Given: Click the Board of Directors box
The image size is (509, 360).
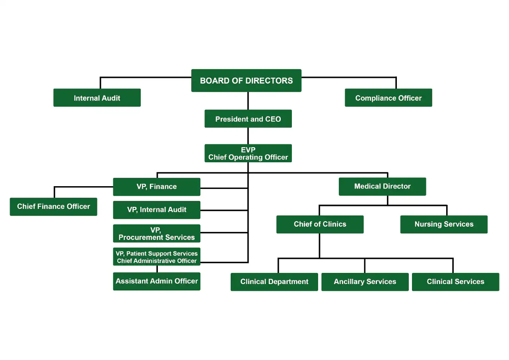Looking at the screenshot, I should (x=246, y=81).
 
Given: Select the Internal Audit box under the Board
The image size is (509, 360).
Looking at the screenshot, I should (x=97, y=98).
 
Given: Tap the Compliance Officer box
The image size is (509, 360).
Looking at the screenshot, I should (x=388, y=98).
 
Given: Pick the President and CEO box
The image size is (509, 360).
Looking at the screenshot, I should (x=248, y=119).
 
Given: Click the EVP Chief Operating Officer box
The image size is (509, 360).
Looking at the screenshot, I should (x=248, y=154).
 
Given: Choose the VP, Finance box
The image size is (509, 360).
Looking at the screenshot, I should (x=157, y=187).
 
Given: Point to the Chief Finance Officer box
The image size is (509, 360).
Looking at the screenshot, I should (x=53, y=206).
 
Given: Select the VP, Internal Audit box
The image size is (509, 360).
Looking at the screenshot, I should (x=157, y=210).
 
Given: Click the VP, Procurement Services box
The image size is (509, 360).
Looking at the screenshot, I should (x=157, y=234).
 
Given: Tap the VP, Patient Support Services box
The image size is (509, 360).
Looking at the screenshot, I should (x=157, y=257).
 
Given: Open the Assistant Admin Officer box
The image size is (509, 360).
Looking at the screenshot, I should (x=157, y=281).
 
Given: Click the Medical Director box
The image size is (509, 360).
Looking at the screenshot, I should (x=382, y=186).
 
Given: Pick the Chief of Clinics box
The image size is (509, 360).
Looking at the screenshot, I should (x=320, y=224).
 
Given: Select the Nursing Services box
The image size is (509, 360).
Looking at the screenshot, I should (x=444, y=224).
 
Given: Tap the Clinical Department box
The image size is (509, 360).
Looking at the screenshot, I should (x=274, y=282).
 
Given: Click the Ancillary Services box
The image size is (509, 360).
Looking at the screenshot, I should (x=365, y=282).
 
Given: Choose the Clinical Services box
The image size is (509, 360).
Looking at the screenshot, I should (x=455, y=282).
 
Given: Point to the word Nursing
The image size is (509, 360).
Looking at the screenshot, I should (x=428, y=224).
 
